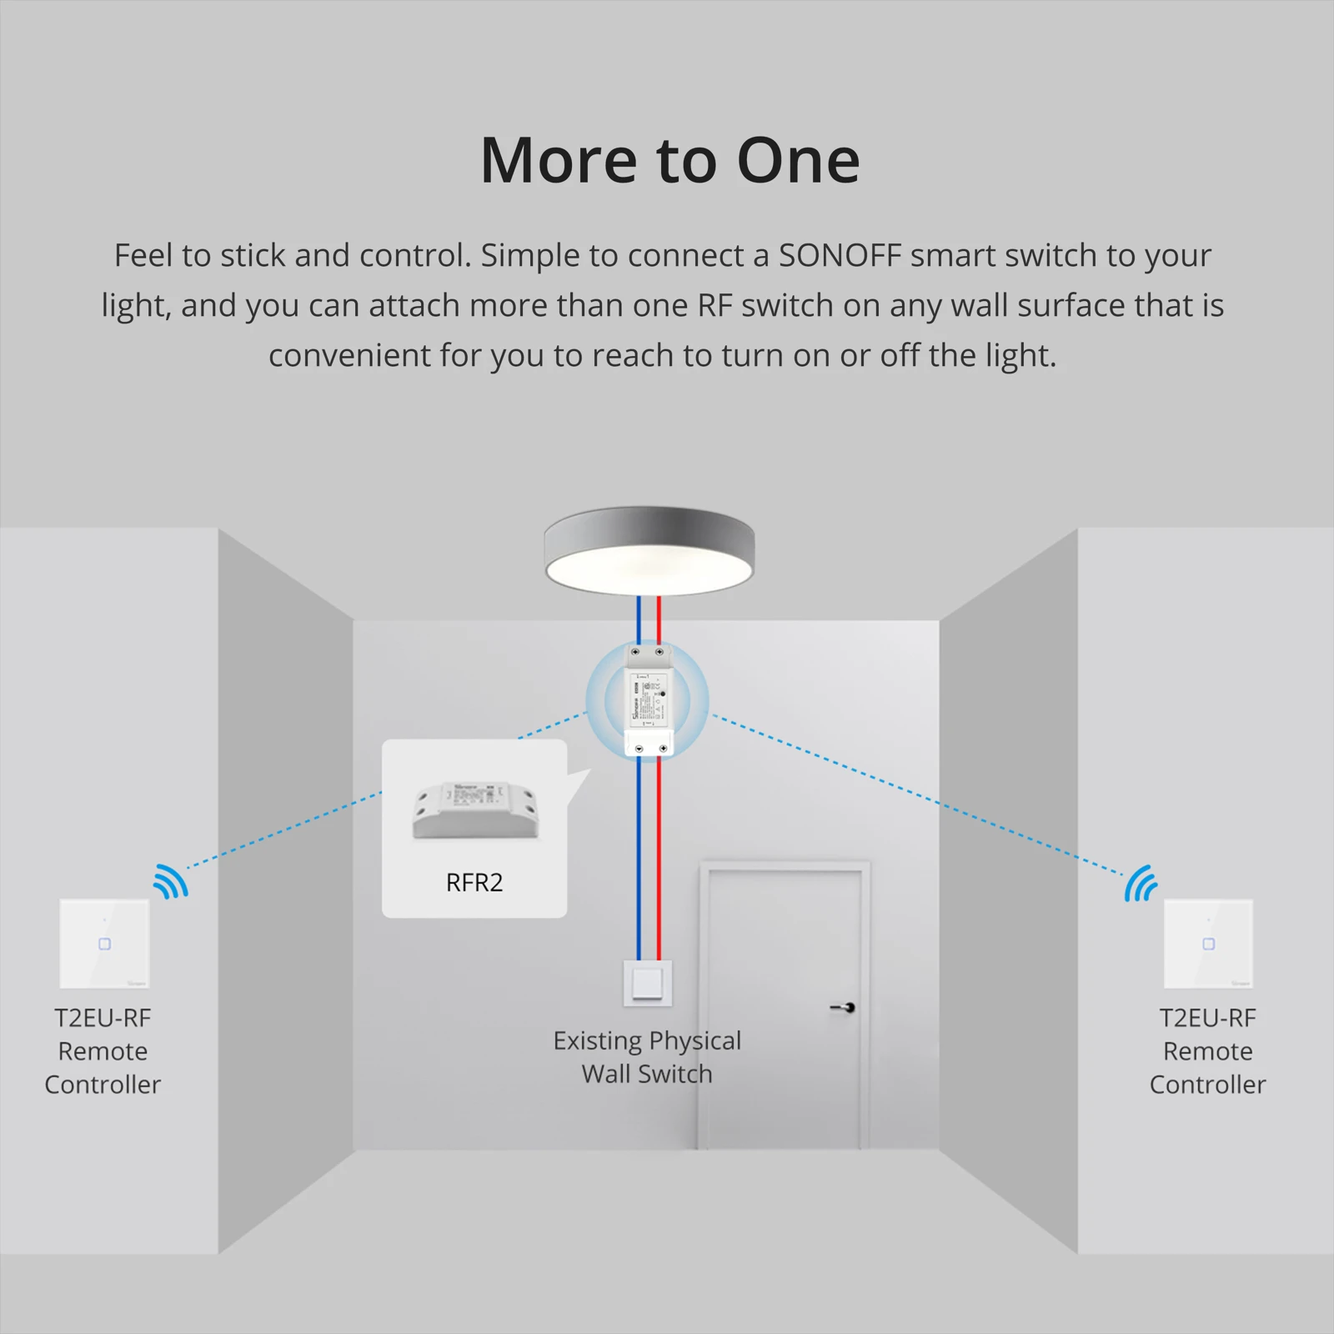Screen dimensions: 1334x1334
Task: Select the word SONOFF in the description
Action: pos(840,255)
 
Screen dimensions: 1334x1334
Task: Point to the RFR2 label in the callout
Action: pos(474,882)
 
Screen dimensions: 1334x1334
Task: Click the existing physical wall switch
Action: pos(648,983)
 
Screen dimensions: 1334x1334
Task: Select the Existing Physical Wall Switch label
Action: pos(647,1056)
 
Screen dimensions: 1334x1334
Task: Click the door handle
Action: pos(844,1008)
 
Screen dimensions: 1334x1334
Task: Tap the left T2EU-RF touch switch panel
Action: pos(104,944)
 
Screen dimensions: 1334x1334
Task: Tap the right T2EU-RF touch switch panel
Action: pos(1208,944)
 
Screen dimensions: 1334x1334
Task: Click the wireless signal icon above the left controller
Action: pos(171,882)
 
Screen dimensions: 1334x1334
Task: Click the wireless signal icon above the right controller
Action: pos(1141,884)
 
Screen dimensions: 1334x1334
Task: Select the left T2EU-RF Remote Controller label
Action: pos(103,1051)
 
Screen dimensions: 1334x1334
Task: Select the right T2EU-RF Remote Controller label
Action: pos(1207,1051)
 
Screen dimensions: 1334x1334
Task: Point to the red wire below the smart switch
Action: pos(659,859)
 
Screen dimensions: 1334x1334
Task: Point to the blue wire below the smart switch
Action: pos(639,859)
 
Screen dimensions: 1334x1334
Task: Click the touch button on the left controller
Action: pos(104,944)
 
